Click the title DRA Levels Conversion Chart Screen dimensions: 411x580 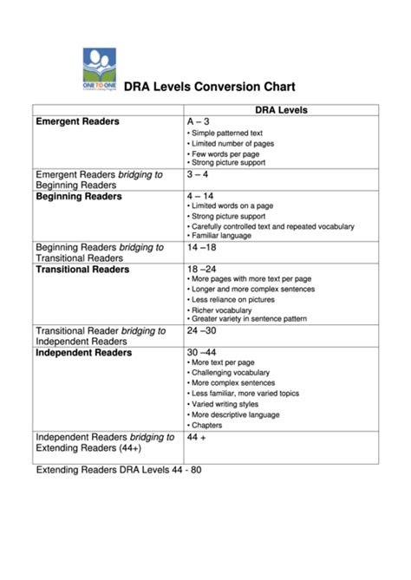point(210,87)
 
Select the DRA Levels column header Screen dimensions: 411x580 point(282,110)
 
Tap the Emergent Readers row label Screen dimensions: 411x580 point(77,122)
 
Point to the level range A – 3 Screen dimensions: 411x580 point(199,123)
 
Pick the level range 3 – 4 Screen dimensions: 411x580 point(199,174)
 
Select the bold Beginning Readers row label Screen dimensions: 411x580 point(78,197)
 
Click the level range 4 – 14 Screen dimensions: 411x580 point(201,197)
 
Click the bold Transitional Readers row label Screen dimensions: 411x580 point(82,270)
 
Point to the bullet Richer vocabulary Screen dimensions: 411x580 point(220,310)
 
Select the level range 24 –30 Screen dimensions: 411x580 point(203,330)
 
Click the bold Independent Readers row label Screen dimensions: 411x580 point(83,353)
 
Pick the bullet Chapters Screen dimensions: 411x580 point(208,426)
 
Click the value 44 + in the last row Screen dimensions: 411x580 point(196,437)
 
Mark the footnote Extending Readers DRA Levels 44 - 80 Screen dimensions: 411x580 point(118,472)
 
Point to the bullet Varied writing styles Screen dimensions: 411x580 point(225,404)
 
